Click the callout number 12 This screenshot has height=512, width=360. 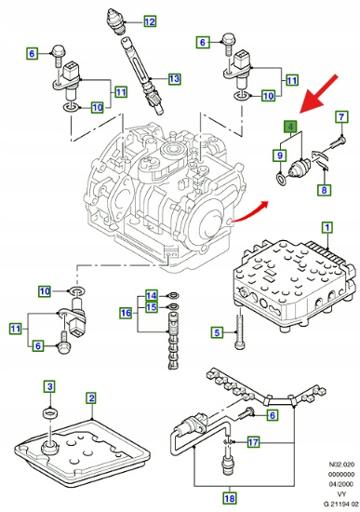[150, 22]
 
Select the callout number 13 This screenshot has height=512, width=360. [175, 79]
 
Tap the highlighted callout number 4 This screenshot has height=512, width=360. [291, 126]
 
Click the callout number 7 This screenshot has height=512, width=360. [341, 116]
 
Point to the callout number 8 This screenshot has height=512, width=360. [324, 190]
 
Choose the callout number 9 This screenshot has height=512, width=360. [280, 155]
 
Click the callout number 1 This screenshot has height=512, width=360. [327, 227]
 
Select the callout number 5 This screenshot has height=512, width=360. [217, 332]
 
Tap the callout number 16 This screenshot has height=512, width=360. [126, 313]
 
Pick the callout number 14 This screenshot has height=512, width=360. [151, 295]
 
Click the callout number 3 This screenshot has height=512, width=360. [49, 387]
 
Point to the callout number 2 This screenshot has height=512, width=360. [92, 398]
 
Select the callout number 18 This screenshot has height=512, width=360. [230, 499]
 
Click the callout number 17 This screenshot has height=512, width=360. [253, 442]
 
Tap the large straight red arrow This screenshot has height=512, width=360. [319, 94]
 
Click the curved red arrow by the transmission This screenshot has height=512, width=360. [248, 213]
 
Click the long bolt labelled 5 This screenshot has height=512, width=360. [240, 329]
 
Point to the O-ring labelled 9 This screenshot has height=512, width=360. [281, 179]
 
